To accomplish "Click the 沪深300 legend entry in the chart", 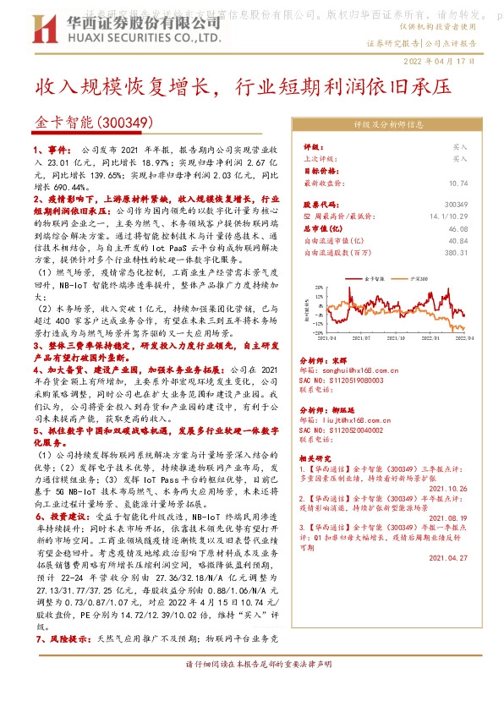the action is pos(419,277).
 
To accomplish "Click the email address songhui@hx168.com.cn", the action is pos(353,370).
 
